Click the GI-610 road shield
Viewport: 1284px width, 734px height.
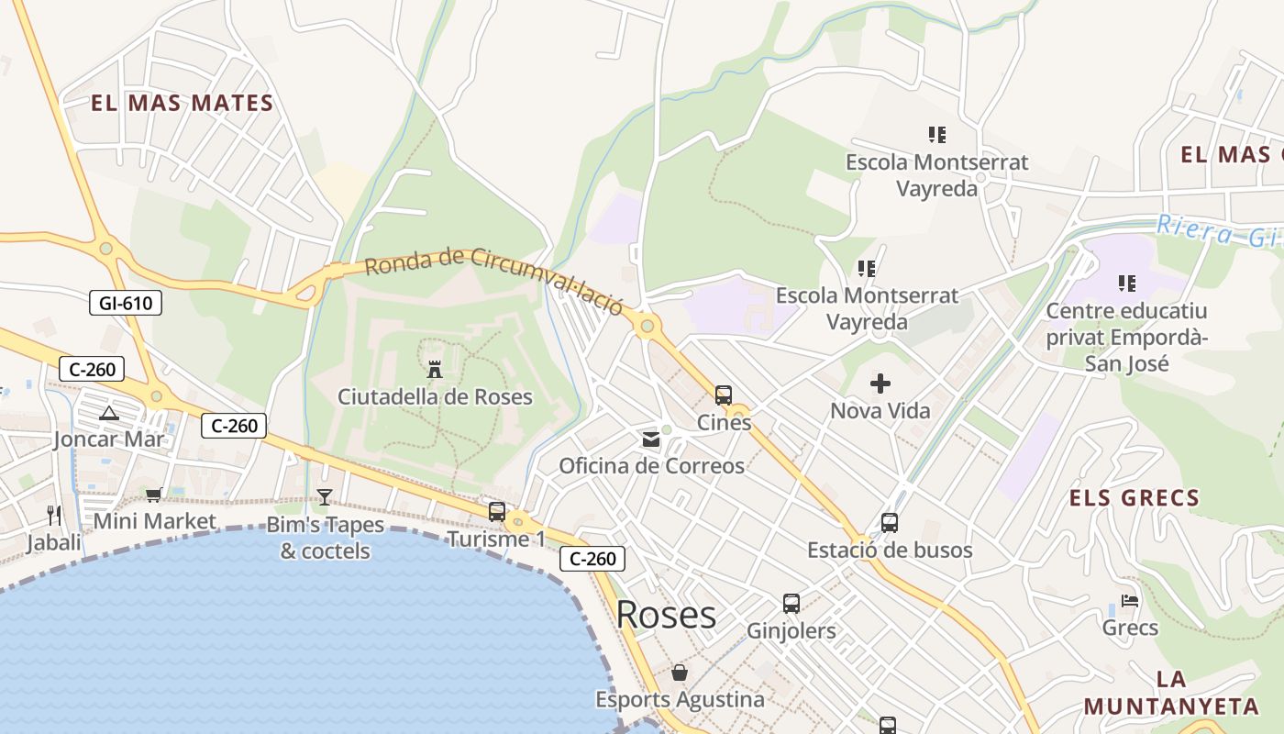pos(126,303)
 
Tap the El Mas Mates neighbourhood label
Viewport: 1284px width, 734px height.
pos(183,103)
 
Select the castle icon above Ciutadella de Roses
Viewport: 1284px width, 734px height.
pos(435,370)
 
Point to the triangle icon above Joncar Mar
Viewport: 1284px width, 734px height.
pos(109,413)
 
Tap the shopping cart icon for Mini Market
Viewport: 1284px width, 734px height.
pos(154,495)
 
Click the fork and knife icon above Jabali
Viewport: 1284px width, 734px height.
pos(54,515)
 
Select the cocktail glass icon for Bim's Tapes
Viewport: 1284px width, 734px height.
pos(325,497)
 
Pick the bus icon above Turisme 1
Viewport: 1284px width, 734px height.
pos(497,512)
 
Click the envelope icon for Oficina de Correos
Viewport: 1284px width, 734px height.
pos(651,439)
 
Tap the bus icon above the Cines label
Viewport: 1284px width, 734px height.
pos(724,395)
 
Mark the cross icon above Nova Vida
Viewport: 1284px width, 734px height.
pos(880,383)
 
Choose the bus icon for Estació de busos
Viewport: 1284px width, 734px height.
pos(889,523)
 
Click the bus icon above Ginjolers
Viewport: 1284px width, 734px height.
pos(791,604)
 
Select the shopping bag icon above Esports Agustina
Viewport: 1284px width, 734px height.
pos(680,673)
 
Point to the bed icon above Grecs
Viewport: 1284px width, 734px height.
pos(1130,601)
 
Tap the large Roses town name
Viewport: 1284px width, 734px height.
pos(666,614)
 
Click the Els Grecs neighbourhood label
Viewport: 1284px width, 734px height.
pos(1135,498)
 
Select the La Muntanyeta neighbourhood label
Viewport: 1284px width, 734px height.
pos(1171,693)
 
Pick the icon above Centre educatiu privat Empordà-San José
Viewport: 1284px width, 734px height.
pos(1127,284)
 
